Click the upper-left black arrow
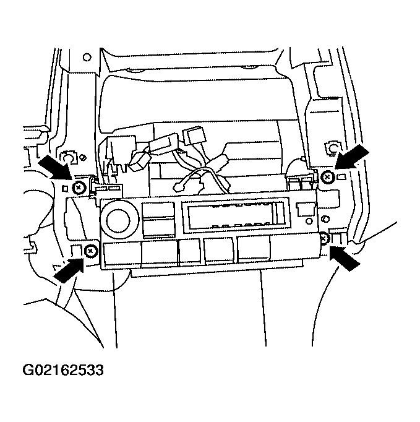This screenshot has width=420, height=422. (x=56, y=167)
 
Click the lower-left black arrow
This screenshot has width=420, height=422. (x=69, y=270)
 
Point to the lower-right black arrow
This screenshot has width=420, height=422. (x=345, y=259)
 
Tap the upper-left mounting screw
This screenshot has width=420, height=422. (x=79, y=187)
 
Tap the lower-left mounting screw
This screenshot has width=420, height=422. (x=91, y=251)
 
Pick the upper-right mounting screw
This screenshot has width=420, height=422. (x=328, y=177)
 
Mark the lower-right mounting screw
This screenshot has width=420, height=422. (x=325, y=238)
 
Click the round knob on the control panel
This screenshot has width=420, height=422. (x=118, y=220)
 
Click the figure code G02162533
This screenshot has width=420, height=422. (x=63, y=370)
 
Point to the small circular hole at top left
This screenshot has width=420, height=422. (x=87, y=57)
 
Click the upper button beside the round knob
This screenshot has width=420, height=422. (x=158, y=210)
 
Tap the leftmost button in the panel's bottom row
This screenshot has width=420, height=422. (x=122, y=253)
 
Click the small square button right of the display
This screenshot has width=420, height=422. (x=306, y=209)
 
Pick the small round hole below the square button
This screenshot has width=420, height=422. (x=309, y=222)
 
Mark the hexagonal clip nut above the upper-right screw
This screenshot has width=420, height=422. (x=333, y=148)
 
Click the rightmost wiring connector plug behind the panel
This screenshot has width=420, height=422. (x=194, y=136)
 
